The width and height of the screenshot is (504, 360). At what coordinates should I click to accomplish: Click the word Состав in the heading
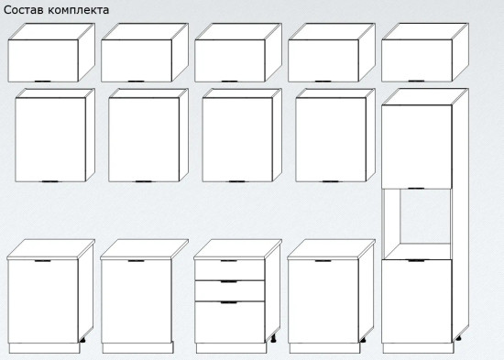pyautogui.click(x=24, y=10)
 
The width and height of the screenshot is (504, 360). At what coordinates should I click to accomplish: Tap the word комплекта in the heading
pyautogui.click(x=79, y=10)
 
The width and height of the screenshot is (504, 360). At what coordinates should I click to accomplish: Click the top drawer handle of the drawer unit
pyautogui.click(x=228, y=261)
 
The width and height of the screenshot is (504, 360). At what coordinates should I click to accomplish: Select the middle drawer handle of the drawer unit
pyautogui.click(x=228, y=281)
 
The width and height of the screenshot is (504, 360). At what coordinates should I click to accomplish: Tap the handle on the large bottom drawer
pyautogui.click(x=228, y=302)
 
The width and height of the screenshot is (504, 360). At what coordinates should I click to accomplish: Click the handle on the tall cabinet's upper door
pyautogui.click(x=416, y=189)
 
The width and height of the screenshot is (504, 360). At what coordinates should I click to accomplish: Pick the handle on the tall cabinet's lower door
pyautogui.click(x=416, y=260)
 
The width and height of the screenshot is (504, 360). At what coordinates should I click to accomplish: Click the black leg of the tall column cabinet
pyautogui.click(x=458, y=337)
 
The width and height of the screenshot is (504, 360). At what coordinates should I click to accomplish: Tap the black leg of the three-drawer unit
pyautogui.click(x=274, y=338)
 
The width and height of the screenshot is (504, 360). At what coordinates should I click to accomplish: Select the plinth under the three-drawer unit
pyautogui.click(x=232, y=348)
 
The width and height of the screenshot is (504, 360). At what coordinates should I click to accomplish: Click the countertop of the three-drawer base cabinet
pyautogui.click(x=238, y=249)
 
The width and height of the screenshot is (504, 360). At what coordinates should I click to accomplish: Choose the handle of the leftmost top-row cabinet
pyautogui.click(x=43, y=82)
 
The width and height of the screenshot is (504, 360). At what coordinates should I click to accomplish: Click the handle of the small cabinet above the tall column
pyautogui.click(x=416, y=81)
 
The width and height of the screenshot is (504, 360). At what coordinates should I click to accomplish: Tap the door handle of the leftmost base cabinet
pyautogui.click(x=43, y=261)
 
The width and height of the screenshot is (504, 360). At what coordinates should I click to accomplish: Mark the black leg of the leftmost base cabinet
pyautogui.click(x=82, y=340)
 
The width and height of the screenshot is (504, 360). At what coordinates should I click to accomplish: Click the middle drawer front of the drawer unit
pyautogui.click(x=230, y=291)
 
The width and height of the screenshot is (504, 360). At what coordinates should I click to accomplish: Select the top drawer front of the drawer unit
pyautogui.click(x=230, y=270)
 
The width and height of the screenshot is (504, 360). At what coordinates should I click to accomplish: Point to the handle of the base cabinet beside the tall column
pyautogui.click(x=323, y=261)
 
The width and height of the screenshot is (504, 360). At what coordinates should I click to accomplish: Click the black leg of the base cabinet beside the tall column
pyautogui.click(x=363, y=340)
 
